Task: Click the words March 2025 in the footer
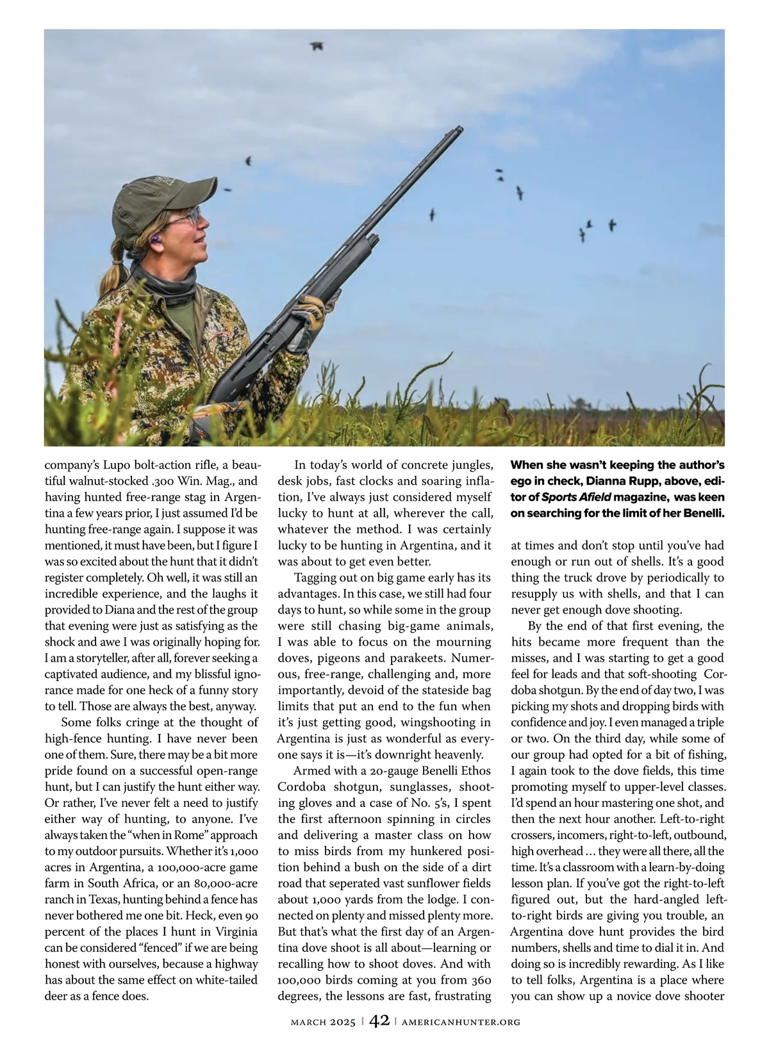(x=323, y=1022)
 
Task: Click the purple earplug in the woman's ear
(x=155, y=241)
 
